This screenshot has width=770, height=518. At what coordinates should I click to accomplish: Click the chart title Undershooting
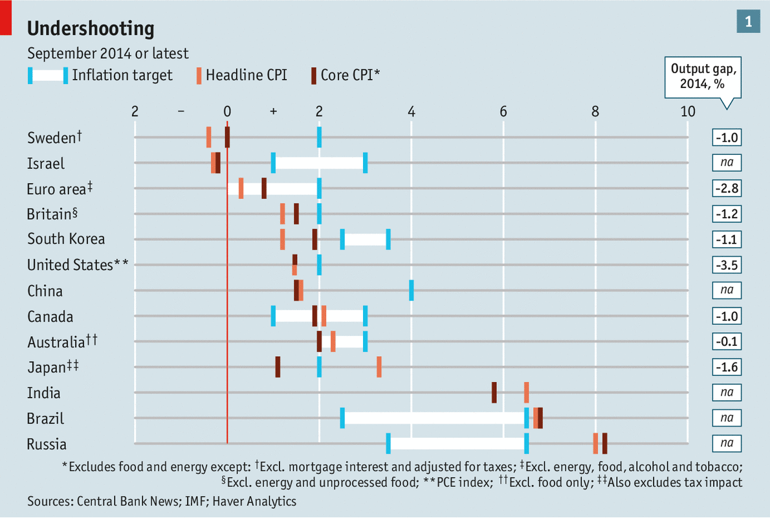[x=91, y=28]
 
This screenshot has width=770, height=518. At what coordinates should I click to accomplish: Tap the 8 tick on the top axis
[x=595, y=111]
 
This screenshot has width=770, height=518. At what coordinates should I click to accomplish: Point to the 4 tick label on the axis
[x=411, y=111]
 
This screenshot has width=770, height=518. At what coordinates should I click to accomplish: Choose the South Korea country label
[x=65, y=239]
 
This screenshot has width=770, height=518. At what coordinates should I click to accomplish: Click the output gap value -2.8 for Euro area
[x=726, y=188]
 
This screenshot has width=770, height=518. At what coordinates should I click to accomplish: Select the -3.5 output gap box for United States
[x=726, y=265]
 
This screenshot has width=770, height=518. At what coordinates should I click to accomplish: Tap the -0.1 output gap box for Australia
[x=726, y=342]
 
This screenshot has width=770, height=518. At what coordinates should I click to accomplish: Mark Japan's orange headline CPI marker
[x=379, y=367]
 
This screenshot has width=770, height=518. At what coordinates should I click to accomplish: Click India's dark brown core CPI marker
[x=494, y=392]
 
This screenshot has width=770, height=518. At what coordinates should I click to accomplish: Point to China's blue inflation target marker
[x=411, y=291]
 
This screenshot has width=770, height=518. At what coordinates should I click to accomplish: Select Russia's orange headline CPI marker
[x=595, y=444]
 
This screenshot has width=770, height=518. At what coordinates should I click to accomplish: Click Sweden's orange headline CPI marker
[x=208, y=137]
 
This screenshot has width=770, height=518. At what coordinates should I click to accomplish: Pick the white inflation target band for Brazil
[x=434, y=418]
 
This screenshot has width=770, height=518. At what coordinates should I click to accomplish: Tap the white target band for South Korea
[x=365, y=240]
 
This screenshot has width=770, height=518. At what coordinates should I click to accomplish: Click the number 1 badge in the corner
[x=748, y=21]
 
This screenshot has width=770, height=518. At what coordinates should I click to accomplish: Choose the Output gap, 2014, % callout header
[x=703, y=77]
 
